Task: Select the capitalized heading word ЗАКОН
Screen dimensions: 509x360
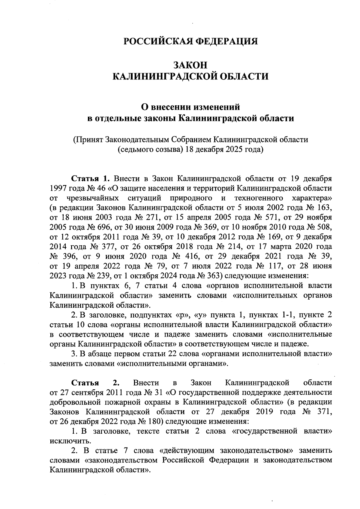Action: click(x=190, y=65)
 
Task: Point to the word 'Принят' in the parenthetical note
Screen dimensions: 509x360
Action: click(x=89, y=139)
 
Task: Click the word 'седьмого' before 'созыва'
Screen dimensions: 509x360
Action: click(x=134, y=149)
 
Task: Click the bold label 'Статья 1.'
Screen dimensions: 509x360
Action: click(x=90, y=179)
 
